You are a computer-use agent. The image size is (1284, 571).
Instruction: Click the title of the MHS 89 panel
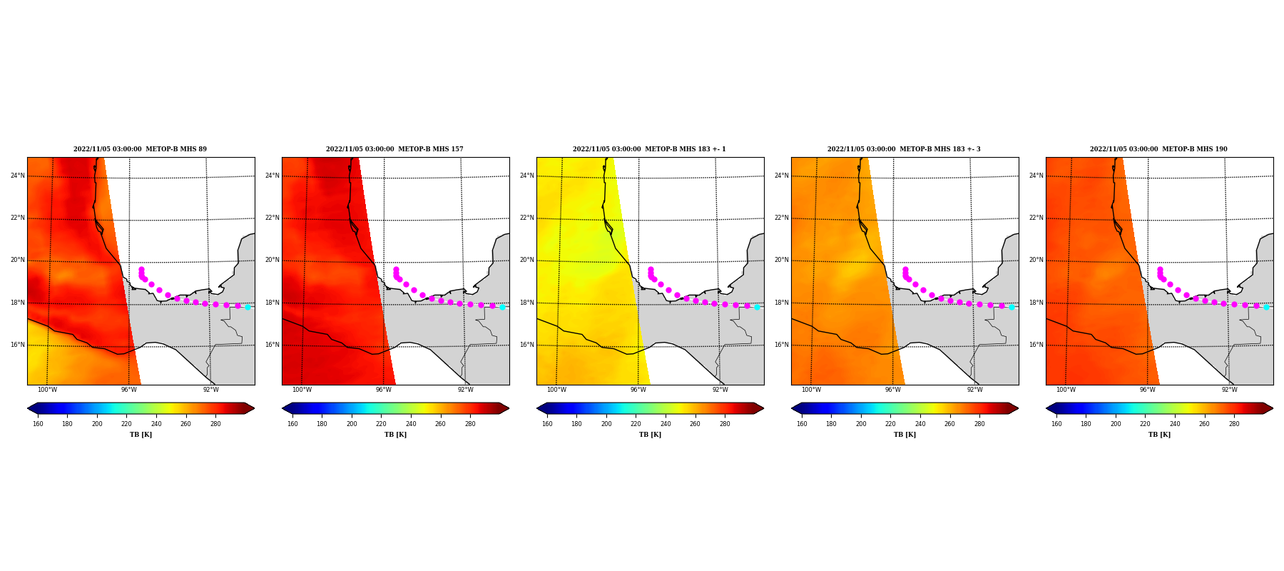(x=140, y=149)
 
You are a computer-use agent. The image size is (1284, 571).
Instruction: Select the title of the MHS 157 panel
(x=394, y=149)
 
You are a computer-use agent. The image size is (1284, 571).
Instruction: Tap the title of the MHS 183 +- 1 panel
(x=649, y=149)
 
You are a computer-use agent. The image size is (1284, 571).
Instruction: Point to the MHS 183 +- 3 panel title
(x=904, y=149)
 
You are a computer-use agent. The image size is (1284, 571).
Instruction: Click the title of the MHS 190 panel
(x=1158, y=149)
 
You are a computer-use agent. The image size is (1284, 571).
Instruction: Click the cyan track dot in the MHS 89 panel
(x=248, y=307)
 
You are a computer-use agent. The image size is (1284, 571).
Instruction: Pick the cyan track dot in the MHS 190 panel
(x=1266, y=307)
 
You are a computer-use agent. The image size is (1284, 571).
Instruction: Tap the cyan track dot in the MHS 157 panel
(x=502, y=307)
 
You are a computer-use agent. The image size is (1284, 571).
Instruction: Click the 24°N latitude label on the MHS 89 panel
(x=17, y=176)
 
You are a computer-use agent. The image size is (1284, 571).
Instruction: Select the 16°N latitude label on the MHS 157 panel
(x=272, y=345)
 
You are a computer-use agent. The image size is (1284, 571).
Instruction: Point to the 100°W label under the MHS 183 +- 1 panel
(x=556, y=390)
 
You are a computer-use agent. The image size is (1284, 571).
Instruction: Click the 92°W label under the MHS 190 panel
(x=1229, y=390)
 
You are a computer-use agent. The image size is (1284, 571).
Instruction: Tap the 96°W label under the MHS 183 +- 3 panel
(x=892, y=390)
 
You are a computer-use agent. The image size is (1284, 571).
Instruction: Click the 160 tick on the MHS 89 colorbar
(x=38, y=424)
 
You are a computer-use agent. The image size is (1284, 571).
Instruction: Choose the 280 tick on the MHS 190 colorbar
(x=1234, y=424)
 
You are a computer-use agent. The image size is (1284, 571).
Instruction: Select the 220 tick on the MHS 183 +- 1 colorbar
(x=636, y=424)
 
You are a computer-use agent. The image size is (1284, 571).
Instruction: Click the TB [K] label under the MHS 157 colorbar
(x=395, y=435)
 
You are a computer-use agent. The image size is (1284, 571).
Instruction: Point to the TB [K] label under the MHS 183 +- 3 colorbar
(x=905, y=435)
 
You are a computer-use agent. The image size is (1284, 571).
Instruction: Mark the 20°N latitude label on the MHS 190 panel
(x=1036, y=260)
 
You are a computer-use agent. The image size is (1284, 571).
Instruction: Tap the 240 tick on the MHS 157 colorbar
(x=411, y=424)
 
